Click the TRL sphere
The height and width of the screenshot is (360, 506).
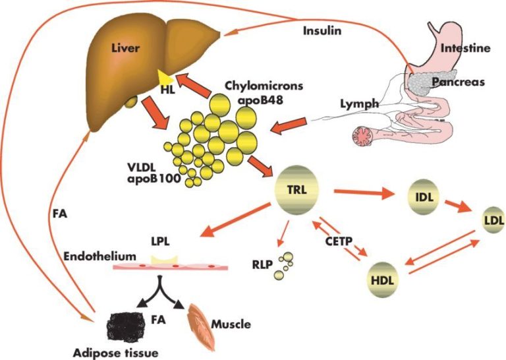coord(296,191)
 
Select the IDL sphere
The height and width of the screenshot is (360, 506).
coord(424,197)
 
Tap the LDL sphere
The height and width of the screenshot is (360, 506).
coord(492,220)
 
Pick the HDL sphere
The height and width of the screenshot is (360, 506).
coord(383,280)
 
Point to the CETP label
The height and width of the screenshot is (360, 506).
coord(339,241)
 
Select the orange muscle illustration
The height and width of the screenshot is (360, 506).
coord(202,326)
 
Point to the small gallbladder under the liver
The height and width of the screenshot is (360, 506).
coord(131,101)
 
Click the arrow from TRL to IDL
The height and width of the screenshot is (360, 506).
coord(364,193)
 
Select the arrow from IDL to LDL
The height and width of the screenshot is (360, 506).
coord(459,206)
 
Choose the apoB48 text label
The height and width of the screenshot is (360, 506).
coord(260,100)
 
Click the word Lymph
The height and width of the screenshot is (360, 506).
coord(360,104)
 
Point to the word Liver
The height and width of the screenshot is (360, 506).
coord(126,48)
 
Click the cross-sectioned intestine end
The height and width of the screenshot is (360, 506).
coord(363,136)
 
